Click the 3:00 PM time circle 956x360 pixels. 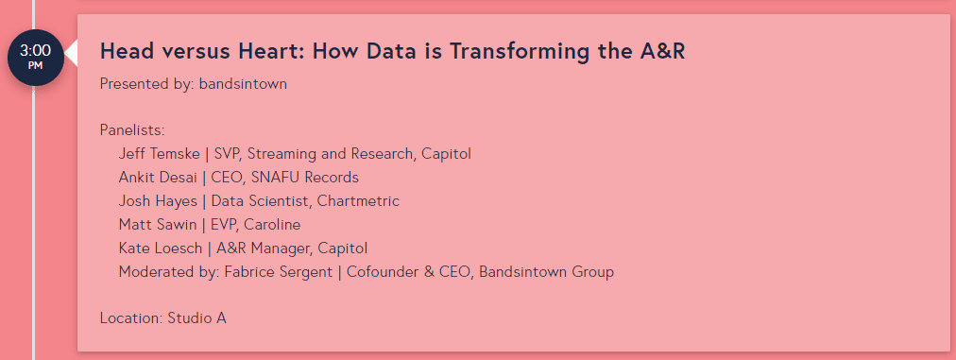(x=35, y=57)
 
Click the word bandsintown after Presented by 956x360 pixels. (x=243, y=84)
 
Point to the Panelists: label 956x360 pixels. (x=132, y=130)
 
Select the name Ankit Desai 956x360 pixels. (x=158, y=178)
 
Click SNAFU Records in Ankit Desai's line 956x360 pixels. (x=312, y=178)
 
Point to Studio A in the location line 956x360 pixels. (x=196, y=318)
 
